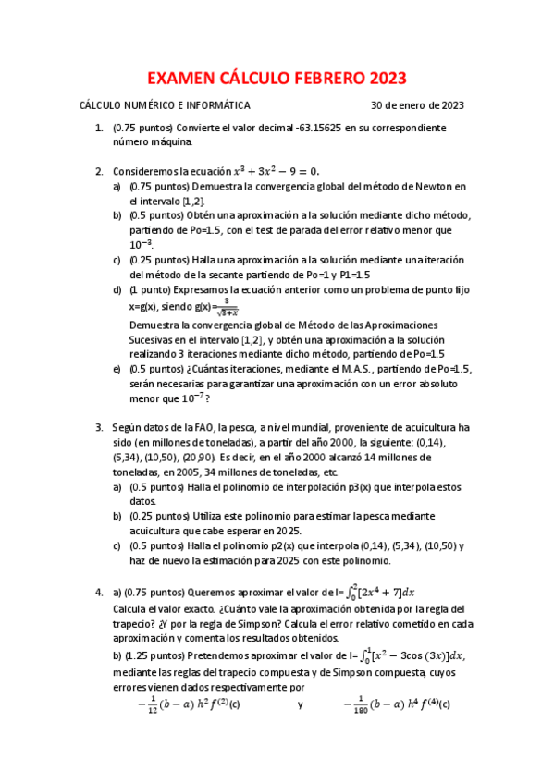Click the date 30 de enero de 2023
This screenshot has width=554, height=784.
click(417, 105)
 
